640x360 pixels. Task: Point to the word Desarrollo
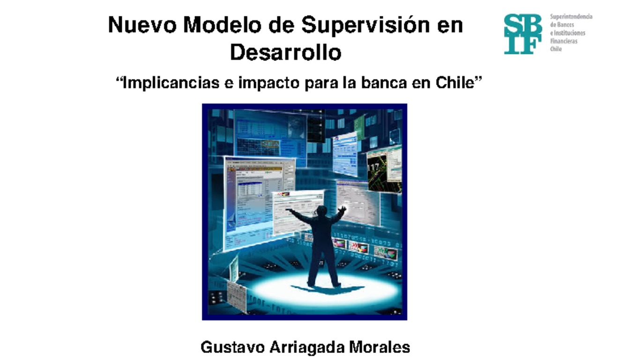point(285,52)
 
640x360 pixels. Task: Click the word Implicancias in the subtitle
point(171,83)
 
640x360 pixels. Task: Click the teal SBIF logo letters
point(522,34)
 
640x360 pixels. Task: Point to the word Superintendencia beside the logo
point(571,17)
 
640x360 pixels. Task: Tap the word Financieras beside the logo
point(564,41)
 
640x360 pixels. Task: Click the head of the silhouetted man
point(321,210)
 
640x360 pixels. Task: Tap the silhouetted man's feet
point(323,284)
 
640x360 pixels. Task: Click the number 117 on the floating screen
point(373,166)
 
